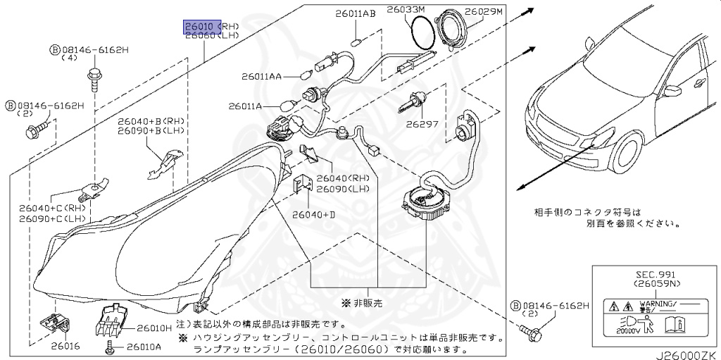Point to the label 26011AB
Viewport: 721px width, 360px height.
tap(356, 13)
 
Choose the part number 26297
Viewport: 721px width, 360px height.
tap(422, 123)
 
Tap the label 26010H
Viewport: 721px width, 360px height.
tap(153, 328)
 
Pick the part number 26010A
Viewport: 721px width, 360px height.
tap(144, 347)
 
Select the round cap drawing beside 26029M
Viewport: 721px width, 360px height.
tap(454, 32)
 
